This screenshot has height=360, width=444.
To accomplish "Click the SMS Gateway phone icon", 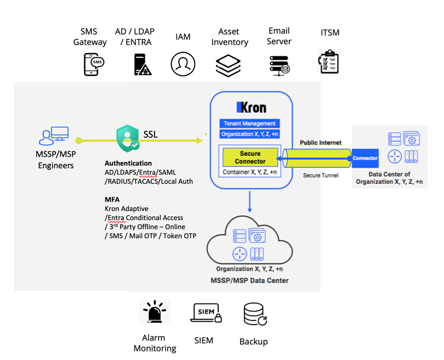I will (93, 64).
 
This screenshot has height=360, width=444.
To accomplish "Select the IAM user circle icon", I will (183, 64).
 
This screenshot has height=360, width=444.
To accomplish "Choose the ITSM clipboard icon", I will (329, 62).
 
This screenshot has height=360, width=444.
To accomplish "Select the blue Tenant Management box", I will (250, 123).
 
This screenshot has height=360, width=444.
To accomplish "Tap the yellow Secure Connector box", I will (250, 157).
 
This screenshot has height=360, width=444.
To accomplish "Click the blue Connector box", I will (365, 158).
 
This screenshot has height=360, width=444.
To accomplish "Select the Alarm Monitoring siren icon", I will (155, 312).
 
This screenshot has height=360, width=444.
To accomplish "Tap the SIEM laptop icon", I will (206, 313).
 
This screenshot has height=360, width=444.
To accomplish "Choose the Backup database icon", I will (254, 314).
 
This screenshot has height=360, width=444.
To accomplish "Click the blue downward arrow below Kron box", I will (250, 202).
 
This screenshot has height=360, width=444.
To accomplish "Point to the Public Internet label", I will (320, 142).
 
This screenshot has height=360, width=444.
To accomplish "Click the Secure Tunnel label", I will (321, 175).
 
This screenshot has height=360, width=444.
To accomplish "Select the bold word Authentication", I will (128, 163).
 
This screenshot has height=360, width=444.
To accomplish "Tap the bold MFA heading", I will (112, 200).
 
